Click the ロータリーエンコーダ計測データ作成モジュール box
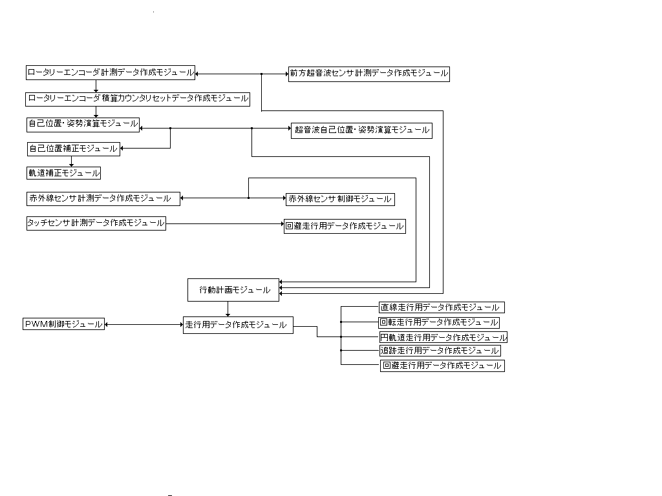click(111, 73)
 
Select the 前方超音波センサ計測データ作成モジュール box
click(368, 74)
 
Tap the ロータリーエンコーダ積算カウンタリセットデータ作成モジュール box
click(138, 99)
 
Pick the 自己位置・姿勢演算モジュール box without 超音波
click(83, 123)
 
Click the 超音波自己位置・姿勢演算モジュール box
click(361, 130)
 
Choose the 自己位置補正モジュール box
click(73, 149)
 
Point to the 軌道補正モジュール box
click(63, 173)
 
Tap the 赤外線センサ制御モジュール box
click(340, 199)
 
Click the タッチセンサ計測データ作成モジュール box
click(96, 223)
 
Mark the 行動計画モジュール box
click(234, 290)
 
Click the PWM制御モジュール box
click(63, 324)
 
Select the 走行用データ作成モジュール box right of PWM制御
click(238, 325)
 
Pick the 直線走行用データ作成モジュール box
click(442, 308)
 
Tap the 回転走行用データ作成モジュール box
click(439, 322)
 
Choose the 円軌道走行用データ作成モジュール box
click(443, 337)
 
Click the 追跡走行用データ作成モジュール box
click(440, 351)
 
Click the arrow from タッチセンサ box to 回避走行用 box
click(225, 224)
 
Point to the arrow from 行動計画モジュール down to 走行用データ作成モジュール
click(228, 309)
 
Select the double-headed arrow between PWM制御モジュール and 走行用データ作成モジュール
click(144, 325)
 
